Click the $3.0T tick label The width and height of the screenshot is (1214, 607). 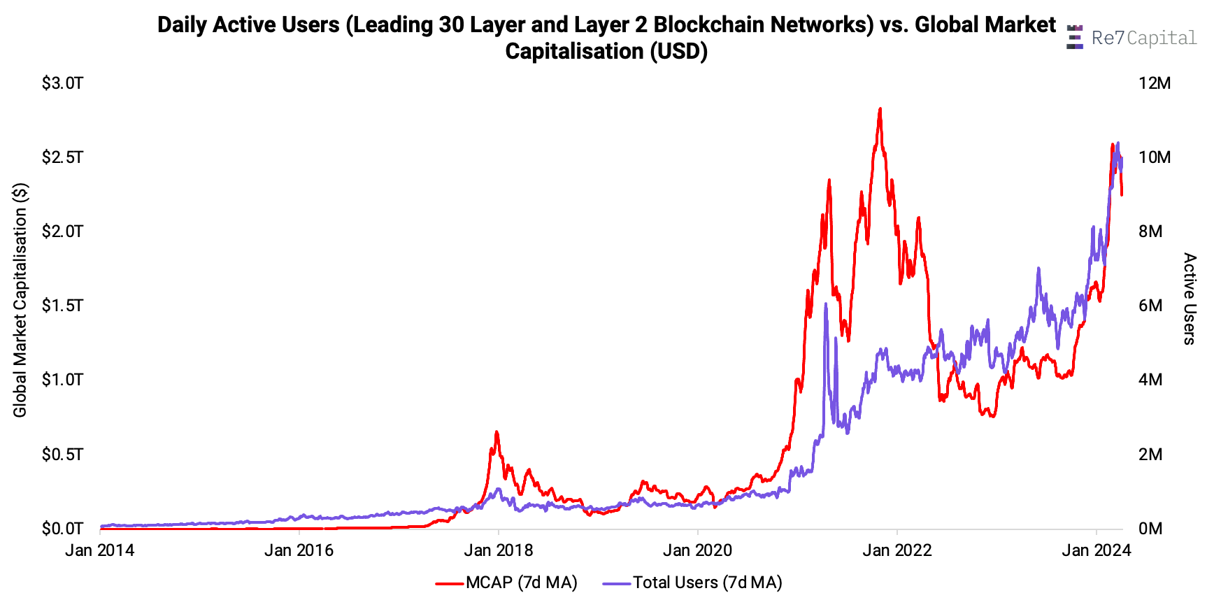point(62,83)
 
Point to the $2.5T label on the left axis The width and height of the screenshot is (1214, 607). point(62,157)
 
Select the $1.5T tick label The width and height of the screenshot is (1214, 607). point(62,306)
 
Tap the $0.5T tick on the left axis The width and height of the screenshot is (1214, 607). point(62,455)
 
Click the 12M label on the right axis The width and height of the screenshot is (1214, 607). point(1154,83)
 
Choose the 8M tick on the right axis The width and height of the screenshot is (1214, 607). point(1150,231)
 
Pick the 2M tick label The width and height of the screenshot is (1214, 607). point(1150,455)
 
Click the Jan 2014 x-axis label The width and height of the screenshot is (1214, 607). point(99,550)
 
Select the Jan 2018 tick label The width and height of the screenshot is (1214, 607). point(498,550)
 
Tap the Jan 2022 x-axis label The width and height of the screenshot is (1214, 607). point(897,550)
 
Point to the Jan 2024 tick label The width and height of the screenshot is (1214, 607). point(1096,550)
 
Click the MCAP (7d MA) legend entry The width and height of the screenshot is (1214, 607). point(507,583)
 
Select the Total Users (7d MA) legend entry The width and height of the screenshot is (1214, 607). point(692,583)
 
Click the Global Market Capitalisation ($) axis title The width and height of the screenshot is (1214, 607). point(20,300)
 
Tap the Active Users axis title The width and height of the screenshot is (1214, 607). point(1190,299)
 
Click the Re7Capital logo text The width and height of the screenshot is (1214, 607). point(1143,38)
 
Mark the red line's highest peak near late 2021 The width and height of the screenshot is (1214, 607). point(880,109)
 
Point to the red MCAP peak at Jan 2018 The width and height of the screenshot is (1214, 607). point(497,432)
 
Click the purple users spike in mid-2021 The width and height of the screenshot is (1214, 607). point(826,304)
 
